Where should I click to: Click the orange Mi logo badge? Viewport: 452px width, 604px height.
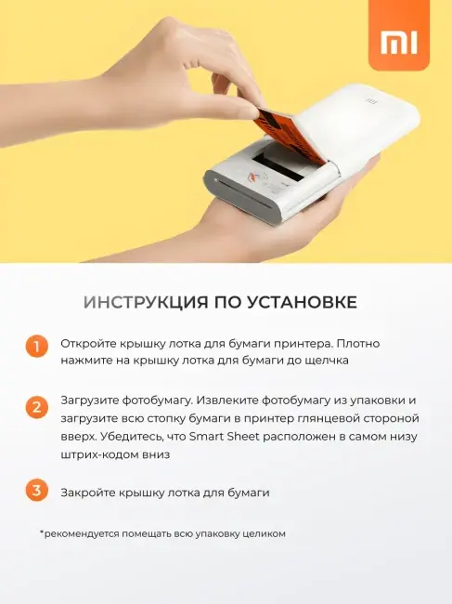coord(398,35)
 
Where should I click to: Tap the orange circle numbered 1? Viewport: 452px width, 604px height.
coord(36,347)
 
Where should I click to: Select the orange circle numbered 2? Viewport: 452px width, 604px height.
coord(36,408)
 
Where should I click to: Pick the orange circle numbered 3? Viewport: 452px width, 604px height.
coord(36,491)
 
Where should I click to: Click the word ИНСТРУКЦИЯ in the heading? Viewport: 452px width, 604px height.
coord(146,302)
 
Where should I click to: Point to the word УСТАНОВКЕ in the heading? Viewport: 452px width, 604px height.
coord(302,302)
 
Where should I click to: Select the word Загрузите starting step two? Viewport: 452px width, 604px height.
coord(89,400)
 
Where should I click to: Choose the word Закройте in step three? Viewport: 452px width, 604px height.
coord(87,493)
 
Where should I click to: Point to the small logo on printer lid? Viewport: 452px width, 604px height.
coord(371,101)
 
